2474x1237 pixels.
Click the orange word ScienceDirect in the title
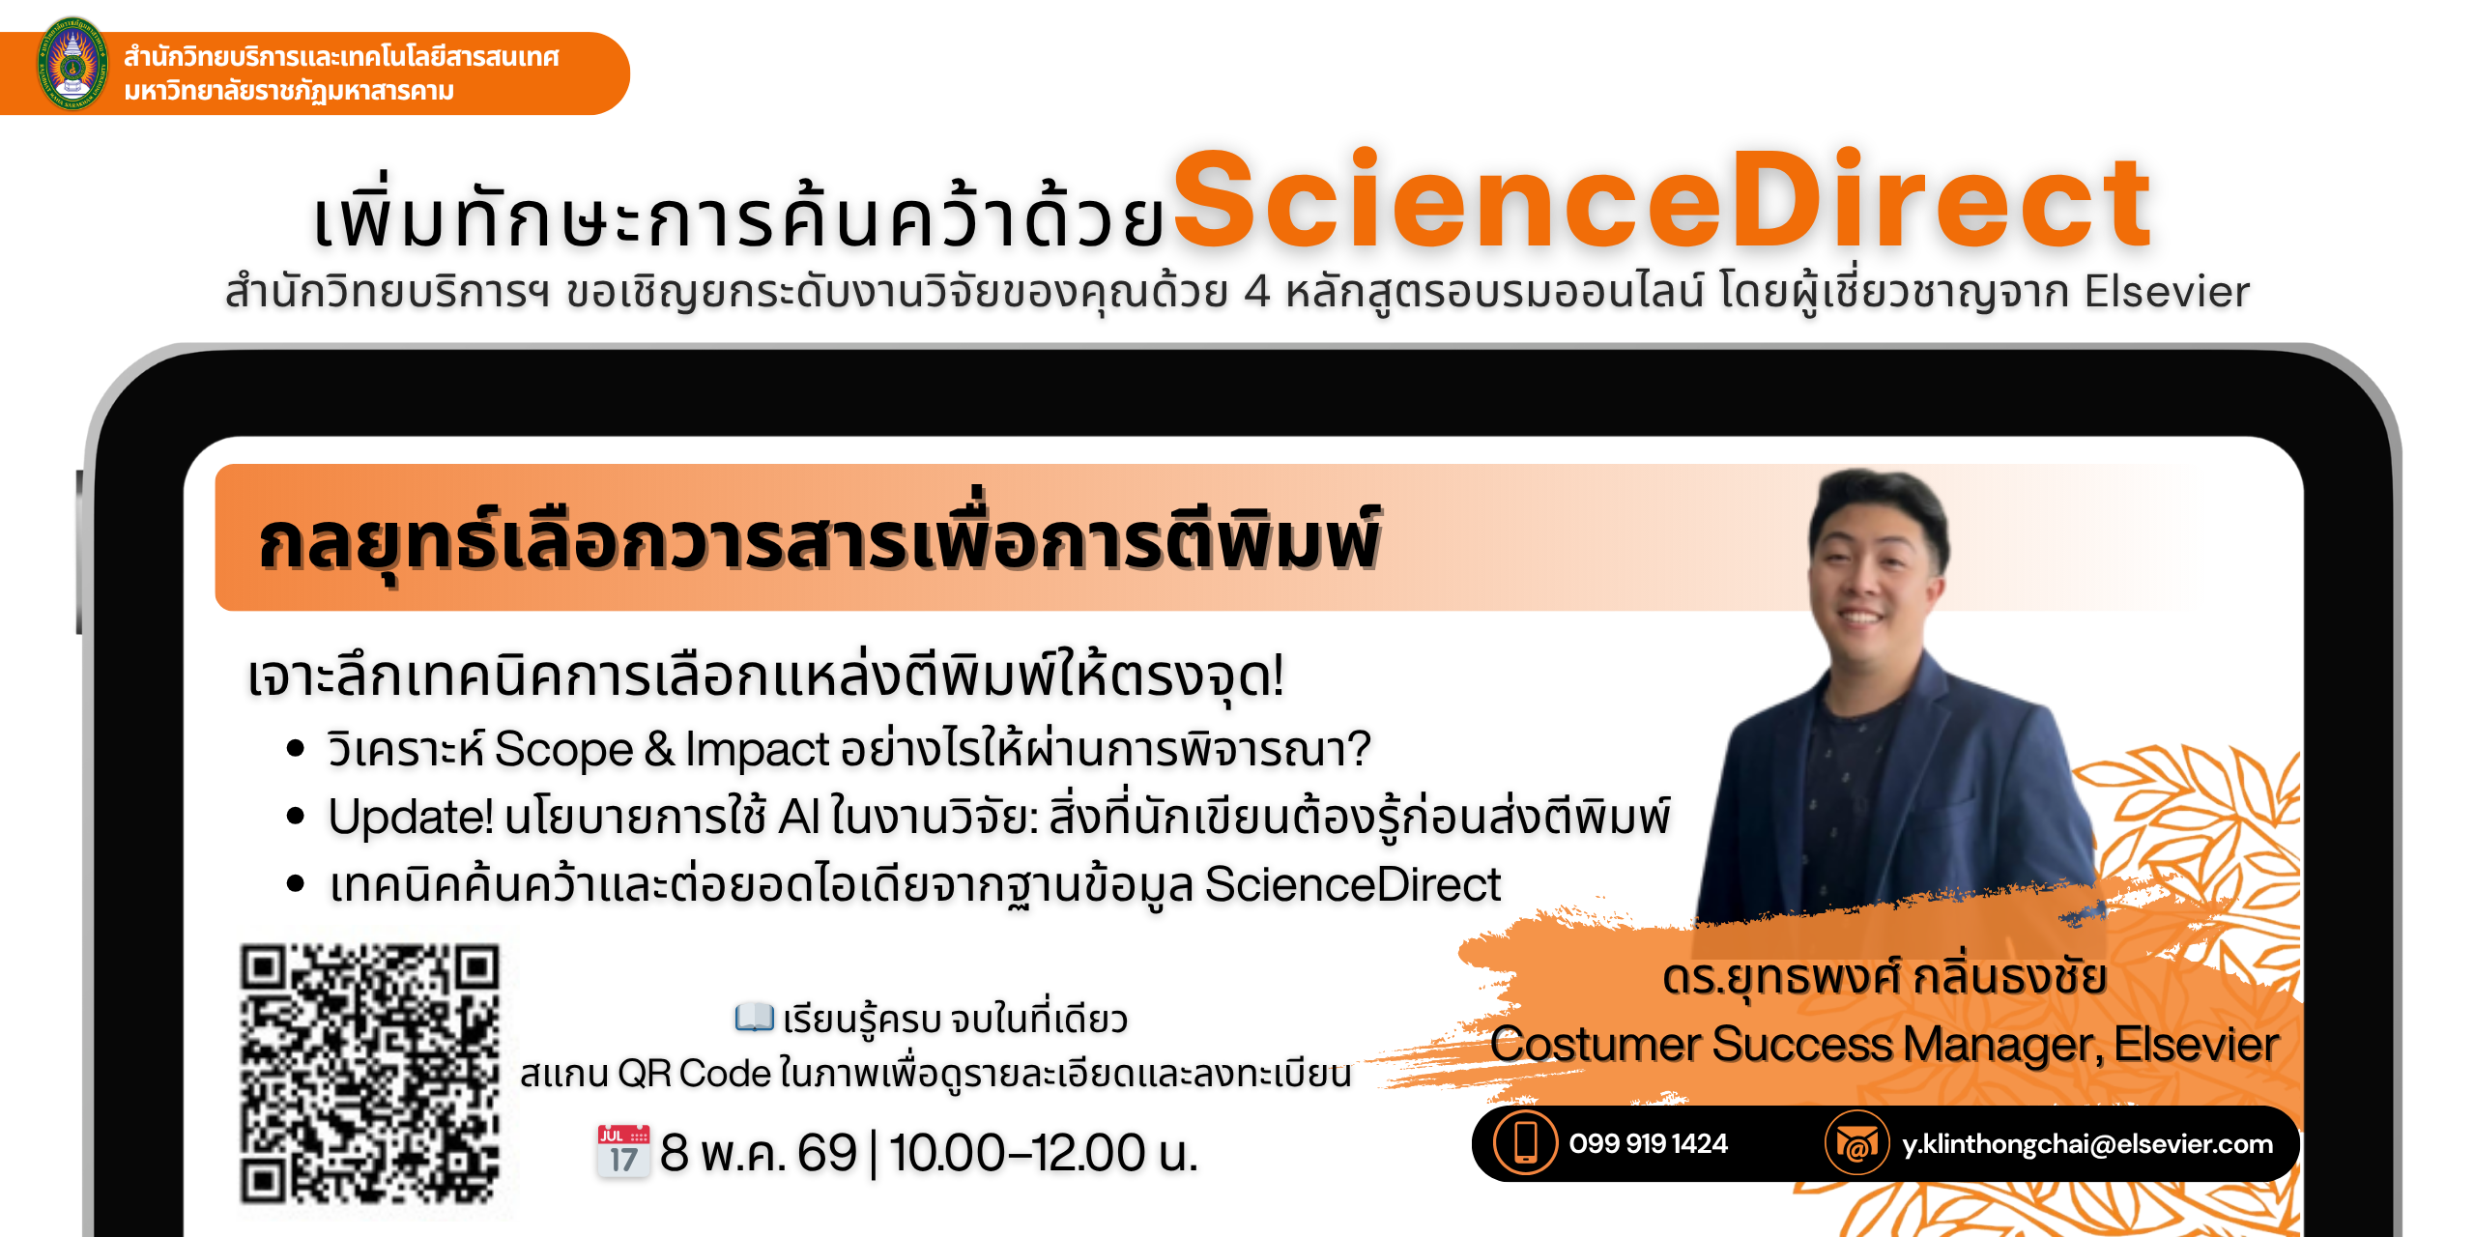click(1662, 203)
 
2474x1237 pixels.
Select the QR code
click(370, 1073)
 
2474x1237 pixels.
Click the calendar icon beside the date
click(623, 1150)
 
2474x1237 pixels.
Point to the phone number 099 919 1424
click(1648, 1144)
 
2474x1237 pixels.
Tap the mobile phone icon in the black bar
click(1525, 1143)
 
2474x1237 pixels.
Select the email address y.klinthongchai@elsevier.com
click(2087, 1144)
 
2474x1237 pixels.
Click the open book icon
click(754, 1018)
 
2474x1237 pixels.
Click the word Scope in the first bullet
click(563, 750)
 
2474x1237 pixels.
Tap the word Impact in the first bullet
click(757, 750)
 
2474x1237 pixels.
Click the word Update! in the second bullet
click(411, 818)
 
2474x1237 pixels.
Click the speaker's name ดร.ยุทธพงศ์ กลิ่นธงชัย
click(1884, 977)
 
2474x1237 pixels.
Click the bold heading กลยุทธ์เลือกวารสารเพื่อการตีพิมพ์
click(820, 541)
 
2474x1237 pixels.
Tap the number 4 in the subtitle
click(1256, 292)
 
